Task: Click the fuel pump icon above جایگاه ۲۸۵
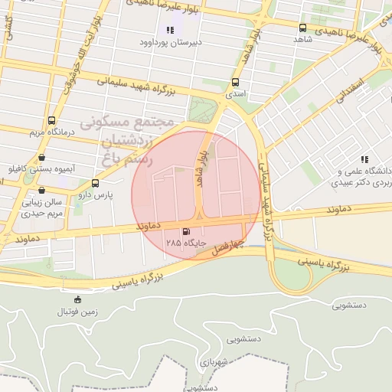click(186, 230)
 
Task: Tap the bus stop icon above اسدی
click(235, 82)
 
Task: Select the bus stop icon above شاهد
click(302, 28)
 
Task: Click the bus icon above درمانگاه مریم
click(51, 120)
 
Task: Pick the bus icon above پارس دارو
click(95, 183)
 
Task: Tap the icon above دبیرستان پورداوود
click(169, 30)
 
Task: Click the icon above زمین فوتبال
click(77, 299)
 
